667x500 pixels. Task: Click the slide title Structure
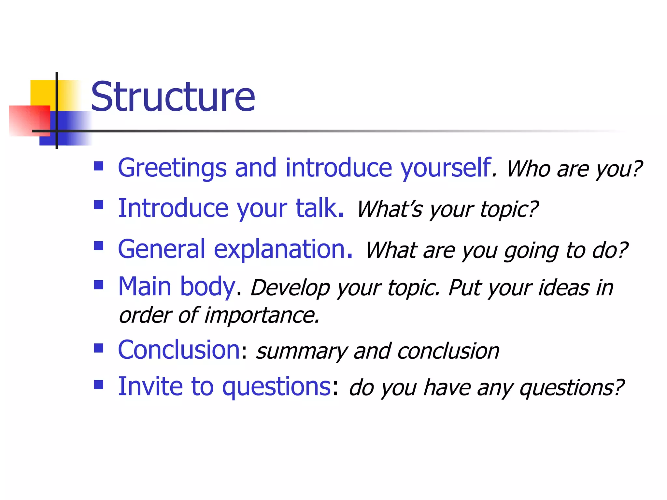pyautogui.click(x=173, y=97)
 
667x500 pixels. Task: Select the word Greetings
pyautogui.click(x=172, y=168)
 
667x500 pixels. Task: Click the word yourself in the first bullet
pyautogui.click(x=446, y=168)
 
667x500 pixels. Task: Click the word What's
pyautogui.click(x=390, y=209)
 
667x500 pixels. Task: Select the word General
pyautogui.click(x=162, y=249)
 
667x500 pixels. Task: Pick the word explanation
pyautogui.click(x=283, y=250)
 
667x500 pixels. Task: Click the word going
pyautogui.click(x=531, y=251)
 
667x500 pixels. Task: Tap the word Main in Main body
pyautogui.click(x=145, y=286)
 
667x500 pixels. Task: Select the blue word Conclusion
pyautogui.click(x=179, y=350)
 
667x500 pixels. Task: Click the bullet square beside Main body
pyautogui.click(x=98, y=285)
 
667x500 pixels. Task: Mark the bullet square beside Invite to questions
pyautogui.click(x=98, y=385)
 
